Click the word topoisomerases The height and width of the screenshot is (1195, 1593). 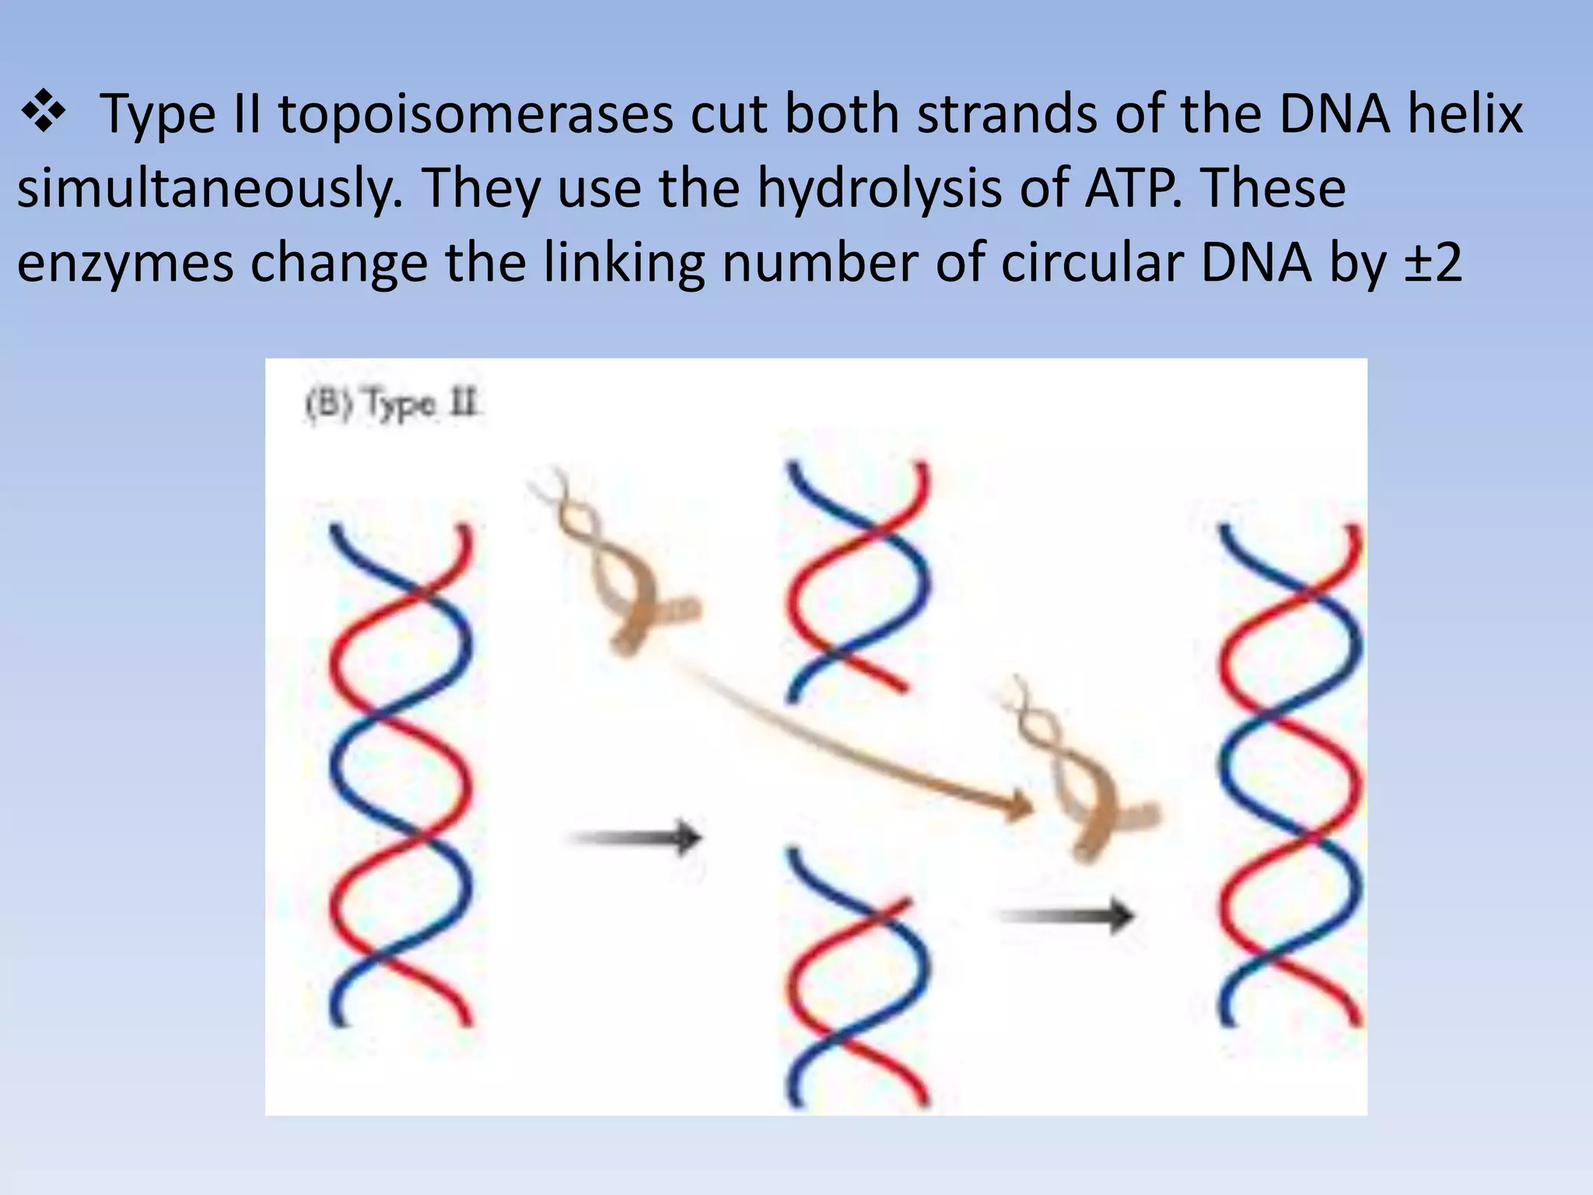[476, 114]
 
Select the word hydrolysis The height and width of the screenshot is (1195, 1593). [880, 188]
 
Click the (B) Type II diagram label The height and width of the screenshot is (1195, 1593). [392, 405]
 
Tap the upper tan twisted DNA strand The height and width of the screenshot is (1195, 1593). [614, 560]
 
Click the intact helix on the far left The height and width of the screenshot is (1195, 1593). [400, 775]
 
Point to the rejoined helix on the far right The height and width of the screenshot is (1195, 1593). [1290, 775]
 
